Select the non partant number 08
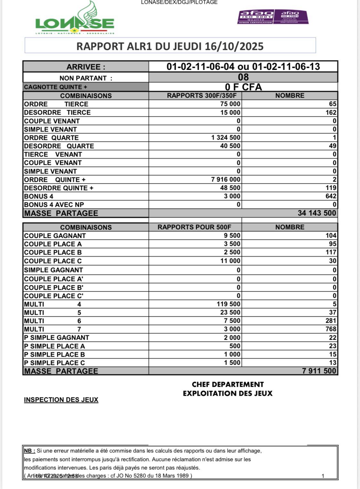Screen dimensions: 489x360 click(x=243, y=77)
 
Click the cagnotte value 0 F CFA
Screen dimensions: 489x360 click(x=243, y=87)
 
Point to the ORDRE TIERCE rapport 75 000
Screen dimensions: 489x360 click(x=230, y=104)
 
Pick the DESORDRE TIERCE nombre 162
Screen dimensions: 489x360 click(x=331, y=112)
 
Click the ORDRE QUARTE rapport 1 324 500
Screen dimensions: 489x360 click(x=226, y=137)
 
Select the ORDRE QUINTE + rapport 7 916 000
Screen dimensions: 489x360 click(x=226, y=179)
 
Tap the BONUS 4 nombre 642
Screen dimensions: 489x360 click(x=331, y=196)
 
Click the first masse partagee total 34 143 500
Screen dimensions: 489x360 click(x=317, y=213)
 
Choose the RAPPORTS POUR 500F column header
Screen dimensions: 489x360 click(x=194, y=227)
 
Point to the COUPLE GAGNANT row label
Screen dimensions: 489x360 click(x=55, y=236)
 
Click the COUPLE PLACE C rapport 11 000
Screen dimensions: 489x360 click(x=230, y=261)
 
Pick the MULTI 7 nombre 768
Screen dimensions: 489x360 click(x=331, y=329)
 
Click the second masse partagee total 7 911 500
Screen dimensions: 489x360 click(x=319, y=371)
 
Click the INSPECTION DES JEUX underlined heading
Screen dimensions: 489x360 click(x=61, y=400)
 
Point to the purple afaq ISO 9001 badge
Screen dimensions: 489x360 click(x=256, y=17)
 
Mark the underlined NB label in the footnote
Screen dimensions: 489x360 click(x=29, y=451)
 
